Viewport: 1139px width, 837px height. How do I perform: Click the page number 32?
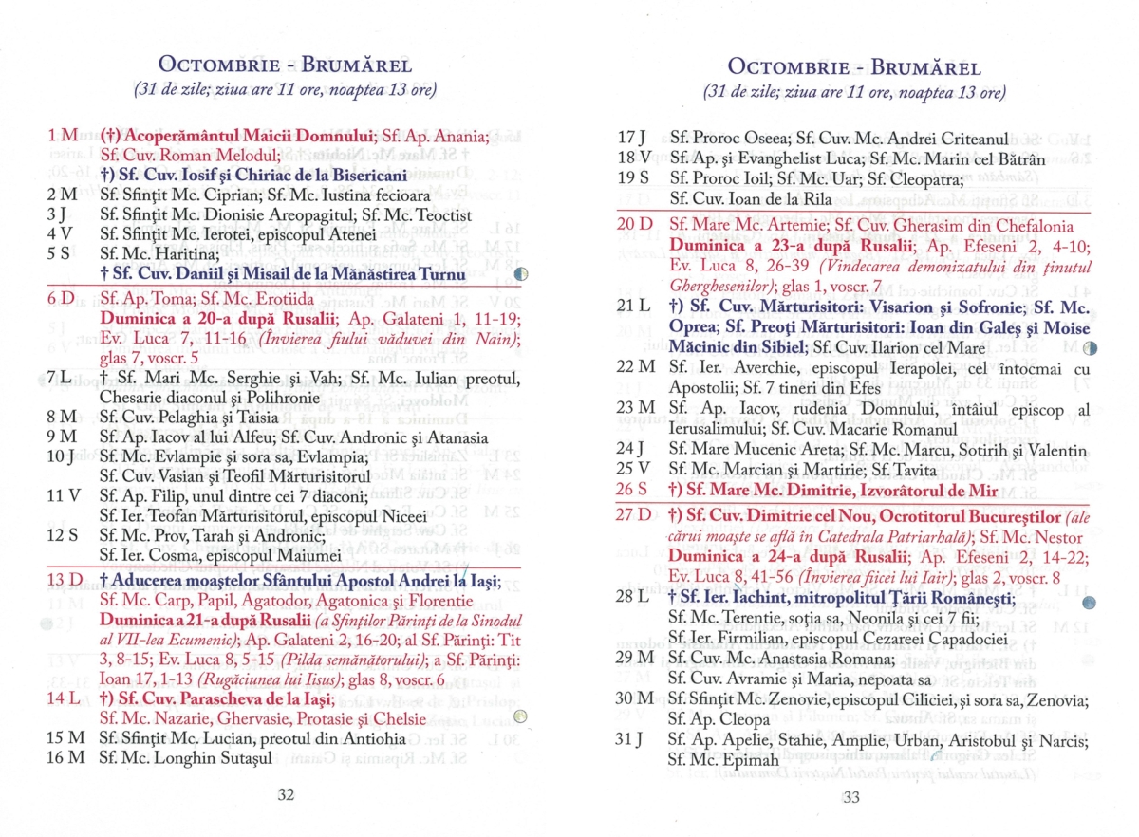click(x=286, y=794)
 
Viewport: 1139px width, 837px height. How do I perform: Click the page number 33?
click(x=850, y=797)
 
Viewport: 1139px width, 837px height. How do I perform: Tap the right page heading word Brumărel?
click(x=925, y=67)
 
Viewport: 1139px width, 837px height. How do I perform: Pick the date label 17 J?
click(x=631, y=137)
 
